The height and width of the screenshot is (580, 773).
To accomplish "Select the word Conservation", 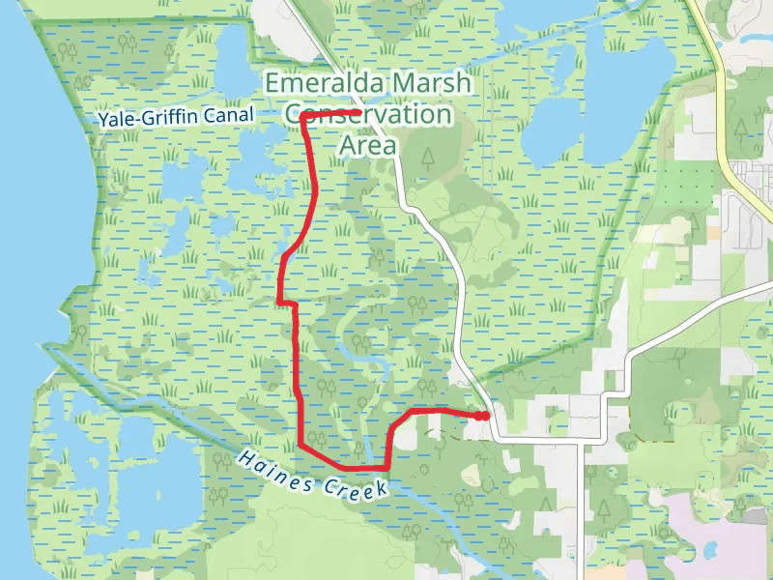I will pyautogui.click(x=368, y=114).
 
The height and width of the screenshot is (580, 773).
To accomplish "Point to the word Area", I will pyautogui.click(x=368, y=145).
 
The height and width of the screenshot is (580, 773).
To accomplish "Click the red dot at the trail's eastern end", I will pyautogui.click(x=482, y=416).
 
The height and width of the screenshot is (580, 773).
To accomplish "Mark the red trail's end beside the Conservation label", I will pyautogui.click(x=358, y=113).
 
